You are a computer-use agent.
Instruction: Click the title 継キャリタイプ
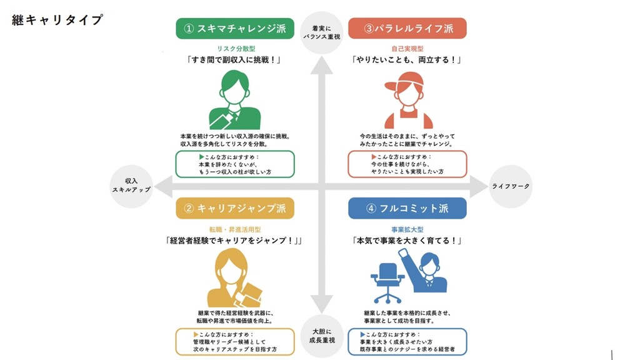[x=57, y=20]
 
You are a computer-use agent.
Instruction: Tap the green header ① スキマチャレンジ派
[x=234, y=29]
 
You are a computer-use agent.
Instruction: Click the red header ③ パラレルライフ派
[x=407, y=29]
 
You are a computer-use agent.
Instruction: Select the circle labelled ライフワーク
[x=511, y=186]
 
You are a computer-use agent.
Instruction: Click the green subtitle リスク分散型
[x=234, y=48]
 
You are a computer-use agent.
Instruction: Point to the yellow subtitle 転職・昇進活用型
[x=234, y=229]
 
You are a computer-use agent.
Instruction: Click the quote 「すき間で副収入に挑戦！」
[x=234, y=61]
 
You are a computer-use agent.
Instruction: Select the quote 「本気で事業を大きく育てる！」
[x=407, y=241]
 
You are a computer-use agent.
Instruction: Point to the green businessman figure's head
[x=234, y=87]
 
